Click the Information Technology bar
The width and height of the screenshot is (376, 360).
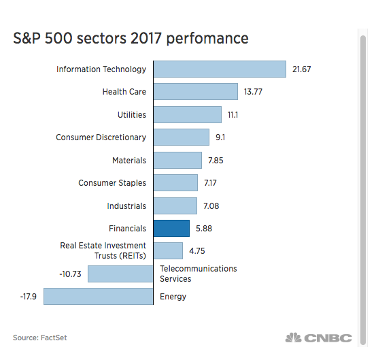click(220, 69)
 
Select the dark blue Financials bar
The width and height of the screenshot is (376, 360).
click(171, 228)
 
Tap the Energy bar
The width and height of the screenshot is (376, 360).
click(99, 297)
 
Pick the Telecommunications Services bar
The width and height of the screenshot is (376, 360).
click(120, 274)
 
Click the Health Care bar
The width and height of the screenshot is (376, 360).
click(196, 91)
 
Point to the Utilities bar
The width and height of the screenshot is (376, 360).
click(188, 115)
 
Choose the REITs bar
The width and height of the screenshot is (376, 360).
click(168, 251)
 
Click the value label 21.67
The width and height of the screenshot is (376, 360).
click(301, 69)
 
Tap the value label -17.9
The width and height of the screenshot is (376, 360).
click(29, 297)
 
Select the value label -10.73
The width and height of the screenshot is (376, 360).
click(70, 274)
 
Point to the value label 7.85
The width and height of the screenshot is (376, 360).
click(216, 161)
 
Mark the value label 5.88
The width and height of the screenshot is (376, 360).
click(204, 229)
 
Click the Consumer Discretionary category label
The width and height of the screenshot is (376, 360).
click(101, 137)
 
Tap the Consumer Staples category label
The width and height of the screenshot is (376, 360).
click(112, 183)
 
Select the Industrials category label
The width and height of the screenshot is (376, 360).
click(126, 206)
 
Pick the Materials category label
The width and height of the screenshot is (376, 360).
click(129, 161)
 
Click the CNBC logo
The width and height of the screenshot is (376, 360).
click(318, 338)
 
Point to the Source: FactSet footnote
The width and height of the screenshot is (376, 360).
click(40, 338)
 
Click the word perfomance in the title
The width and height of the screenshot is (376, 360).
click(207, 38)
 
